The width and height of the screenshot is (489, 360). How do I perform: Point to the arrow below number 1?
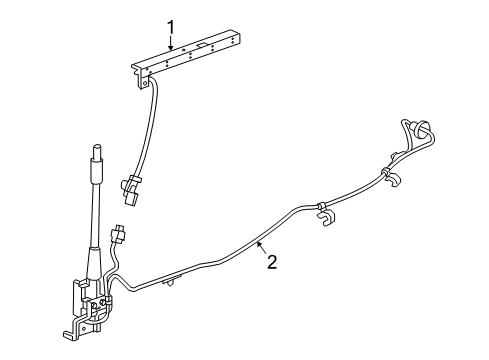(171, 41)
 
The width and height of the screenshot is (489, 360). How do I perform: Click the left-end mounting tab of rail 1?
(138, 71)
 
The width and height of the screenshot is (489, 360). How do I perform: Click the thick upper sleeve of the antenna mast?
(98, 171)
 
